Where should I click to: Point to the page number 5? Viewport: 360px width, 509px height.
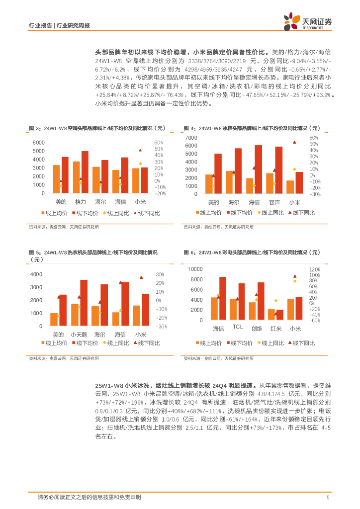[328, 498]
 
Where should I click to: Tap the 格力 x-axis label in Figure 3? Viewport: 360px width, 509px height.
[81, 202]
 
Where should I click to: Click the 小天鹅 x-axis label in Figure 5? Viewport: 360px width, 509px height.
[79, 335]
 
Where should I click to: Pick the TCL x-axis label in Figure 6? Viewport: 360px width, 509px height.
[238, 327]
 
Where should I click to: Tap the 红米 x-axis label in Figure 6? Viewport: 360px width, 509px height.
[276, 329]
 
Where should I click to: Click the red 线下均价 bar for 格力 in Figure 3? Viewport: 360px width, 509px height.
[85, 172]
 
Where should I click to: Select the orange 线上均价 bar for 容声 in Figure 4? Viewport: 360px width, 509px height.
[270, 183]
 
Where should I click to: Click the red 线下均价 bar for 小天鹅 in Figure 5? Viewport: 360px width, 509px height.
[84, 303]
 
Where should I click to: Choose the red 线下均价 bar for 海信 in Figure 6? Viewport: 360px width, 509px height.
[222, 298]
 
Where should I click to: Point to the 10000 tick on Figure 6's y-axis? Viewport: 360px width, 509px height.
[194, 269]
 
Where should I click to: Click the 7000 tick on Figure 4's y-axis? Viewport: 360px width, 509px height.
[190, 137]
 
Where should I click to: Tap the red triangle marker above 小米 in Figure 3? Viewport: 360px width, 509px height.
[140, 150]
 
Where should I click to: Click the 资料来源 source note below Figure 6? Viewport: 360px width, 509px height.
[218, 358]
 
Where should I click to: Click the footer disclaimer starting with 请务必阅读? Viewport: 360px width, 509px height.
[90, 498]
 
